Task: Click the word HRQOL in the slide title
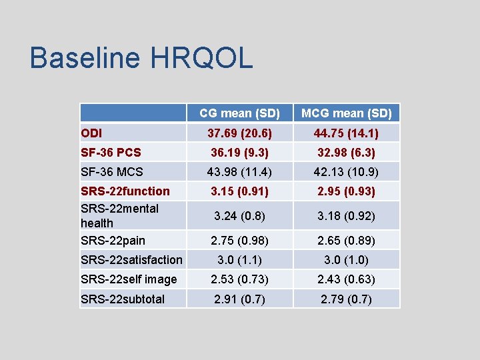202,58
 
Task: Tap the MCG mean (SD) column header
347,113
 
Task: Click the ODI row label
91,133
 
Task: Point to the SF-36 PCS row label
111,152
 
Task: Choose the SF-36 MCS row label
112,172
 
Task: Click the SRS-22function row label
125,191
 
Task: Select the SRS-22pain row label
113,240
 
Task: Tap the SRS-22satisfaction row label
131,259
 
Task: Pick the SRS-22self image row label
129,279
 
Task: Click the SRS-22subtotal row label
123,299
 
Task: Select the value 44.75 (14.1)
347,133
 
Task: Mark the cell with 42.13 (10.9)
347,172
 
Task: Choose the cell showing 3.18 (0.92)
347,216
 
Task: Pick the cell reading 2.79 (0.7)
347,299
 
